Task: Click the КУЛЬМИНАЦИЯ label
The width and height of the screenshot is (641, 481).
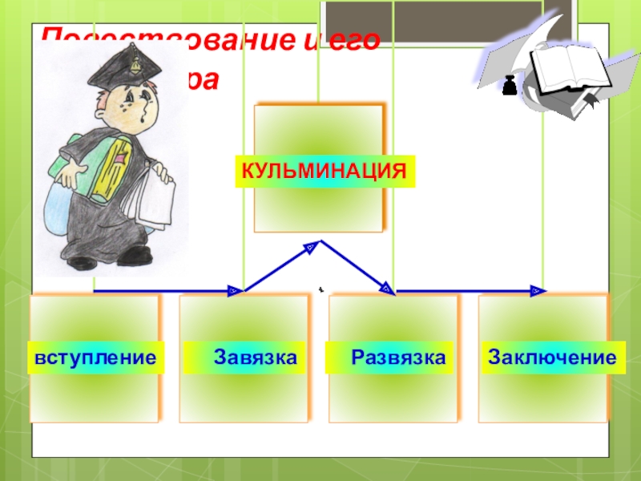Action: [x=325, y=172]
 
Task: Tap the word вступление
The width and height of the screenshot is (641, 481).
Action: [x=95, y=357]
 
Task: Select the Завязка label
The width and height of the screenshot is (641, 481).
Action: [x=255, y=357]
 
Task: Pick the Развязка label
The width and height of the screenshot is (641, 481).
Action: [x=397, y=357]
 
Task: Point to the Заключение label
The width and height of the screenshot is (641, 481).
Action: [x=552, y=357]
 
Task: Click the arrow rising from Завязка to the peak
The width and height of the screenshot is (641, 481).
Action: [x=277, y=266]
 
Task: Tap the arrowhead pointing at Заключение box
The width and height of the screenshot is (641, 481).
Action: [x=539, y=290]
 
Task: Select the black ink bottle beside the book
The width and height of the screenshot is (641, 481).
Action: [x=508, y=85]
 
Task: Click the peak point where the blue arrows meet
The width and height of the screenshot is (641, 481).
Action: [x=320, y=241]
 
